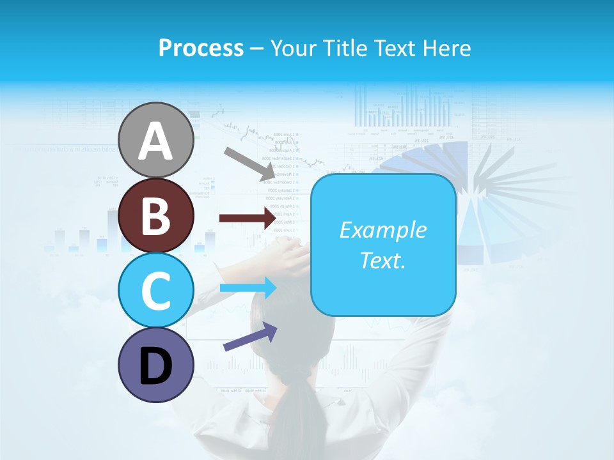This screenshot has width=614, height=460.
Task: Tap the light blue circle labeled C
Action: pos(156,290)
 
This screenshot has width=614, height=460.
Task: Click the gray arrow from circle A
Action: pos(249,164)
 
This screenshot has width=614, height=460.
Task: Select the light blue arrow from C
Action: pos(248,288)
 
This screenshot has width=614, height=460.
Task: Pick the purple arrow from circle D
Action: pos(250,337)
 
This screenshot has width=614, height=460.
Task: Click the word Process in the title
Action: pos(201,48)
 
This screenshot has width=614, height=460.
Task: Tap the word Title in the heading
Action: pos(345,48)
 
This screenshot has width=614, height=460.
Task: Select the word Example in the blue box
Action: pos(382,230)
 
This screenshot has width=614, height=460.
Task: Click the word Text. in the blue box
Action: pos(382,260)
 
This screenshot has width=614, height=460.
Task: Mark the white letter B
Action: pos(155,215)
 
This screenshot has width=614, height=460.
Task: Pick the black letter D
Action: pos(156,367)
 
